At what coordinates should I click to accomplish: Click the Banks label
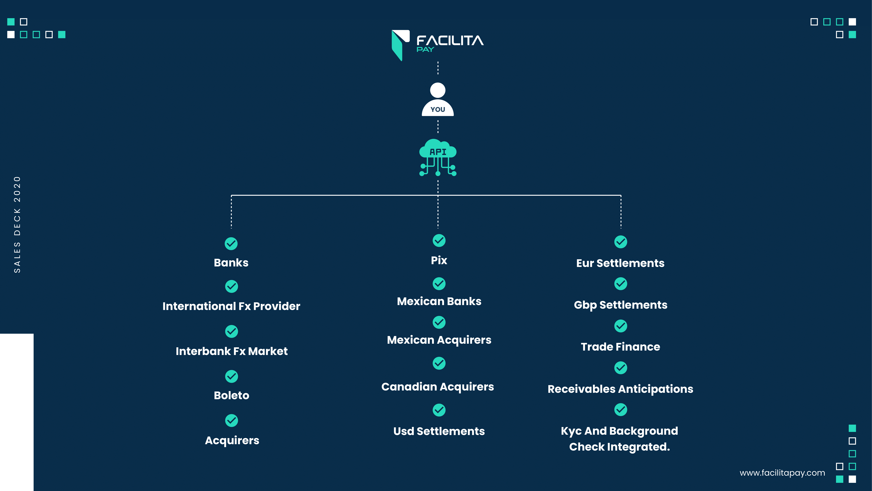[x=231, y=263]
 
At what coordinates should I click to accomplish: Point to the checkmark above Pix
[x=439, y=241]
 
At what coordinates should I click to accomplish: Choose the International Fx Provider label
[x=231, y=306]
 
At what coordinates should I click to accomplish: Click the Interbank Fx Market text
[x=231, y=351]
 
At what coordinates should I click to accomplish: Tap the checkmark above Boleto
[x=231, y=376]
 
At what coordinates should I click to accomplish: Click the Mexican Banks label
[x=439, y=301]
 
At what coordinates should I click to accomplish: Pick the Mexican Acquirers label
[x=439, y=340]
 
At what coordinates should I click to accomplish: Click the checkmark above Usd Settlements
[x=439, y=410]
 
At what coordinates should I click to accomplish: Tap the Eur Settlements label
[x=620, y=263]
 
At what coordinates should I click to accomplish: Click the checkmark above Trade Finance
[x=621, y=326]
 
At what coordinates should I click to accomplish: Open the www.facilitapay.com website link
[x=782, y=473]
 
